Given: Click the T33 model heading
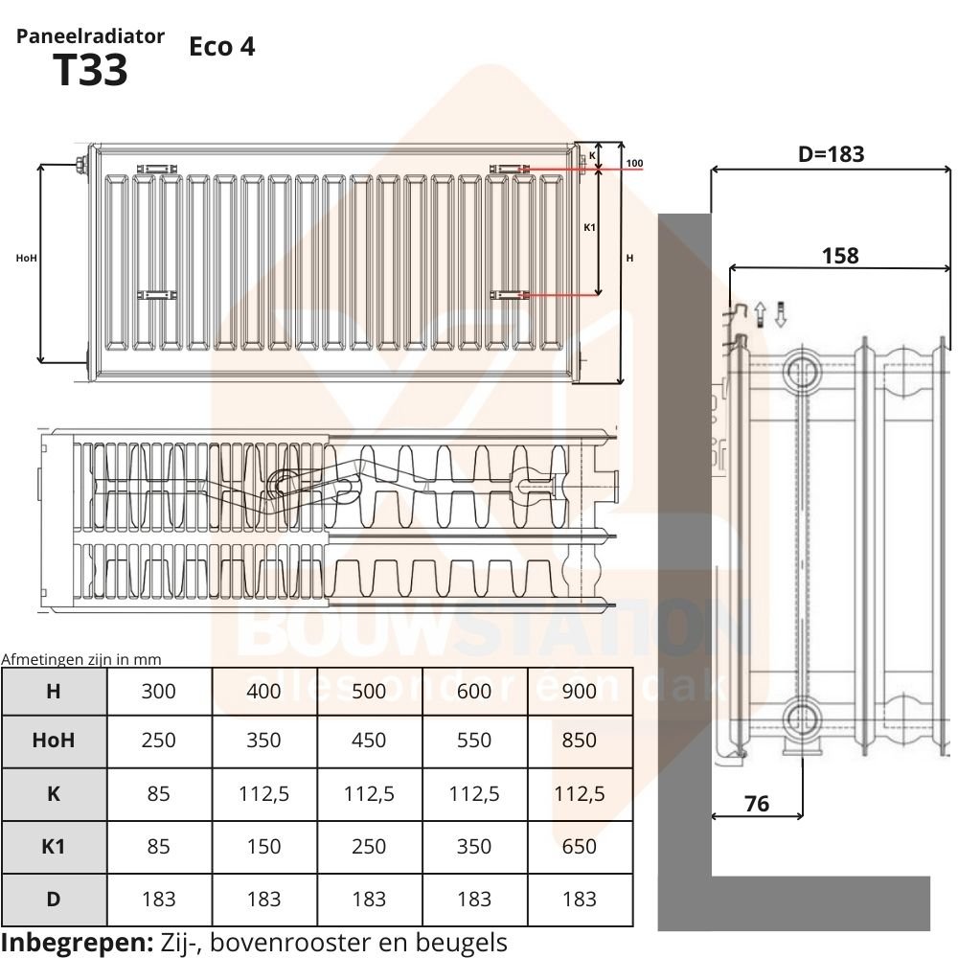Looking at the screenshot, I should [x=91, y=70].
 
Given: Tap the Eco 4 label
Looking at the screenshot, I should [x=222, y=46].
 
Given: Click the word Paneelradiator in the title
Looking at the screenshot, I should [x=91, y=36].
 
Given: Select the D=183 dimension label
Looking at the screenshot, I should [x=831, y=153].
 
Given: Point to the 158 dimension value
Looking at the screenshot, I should [x=840, y=255].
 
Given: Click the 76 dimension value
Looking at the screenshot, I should [x=757, y=803].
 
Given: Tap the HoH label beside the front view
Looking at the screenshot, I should [x=27, y=258].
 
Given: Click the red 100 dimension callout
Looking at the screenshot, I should [x=634, y=164].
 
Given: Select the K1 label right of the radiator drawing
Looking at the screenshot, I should [x=590, y=227].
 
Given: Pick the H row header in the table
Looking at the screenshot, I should [x=54, y=691].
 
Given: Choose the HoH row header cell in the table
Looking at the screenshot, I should [x=54, y=740].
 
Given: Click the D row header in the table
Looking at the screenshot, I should [x=54, y=898].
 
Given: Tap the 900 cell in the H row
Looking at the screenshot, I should [x=579, y=691].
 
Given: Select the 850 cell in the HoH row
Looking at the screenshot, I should [x=579, y=740].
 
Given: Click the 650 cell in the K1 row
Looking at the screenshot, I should [x=579, y=846].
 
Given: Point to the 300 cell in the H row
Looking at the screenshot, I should [x=158, y=691].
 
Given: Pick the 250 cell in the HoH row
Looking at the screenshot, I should [x=158, y=740].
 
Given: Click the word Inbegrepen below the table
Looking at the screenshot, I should [x=77, y=942].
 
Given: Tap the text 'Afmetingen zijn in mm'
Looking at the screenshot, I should [x=81, y=659].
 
